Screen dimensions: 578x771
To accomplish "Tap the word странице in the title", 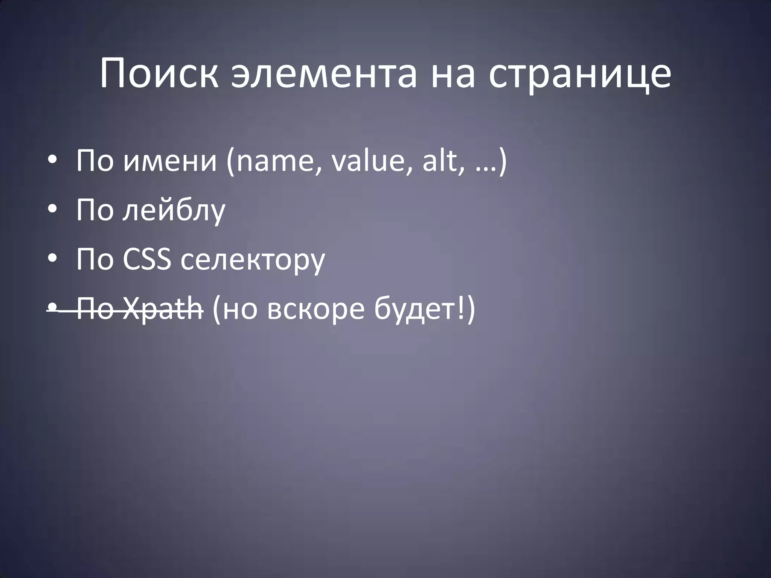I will click(580, 74).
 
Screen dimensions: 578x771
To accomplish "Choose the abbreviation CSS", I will click(146, 259).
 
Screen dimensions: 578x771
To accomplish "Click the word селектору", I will click(252, 260).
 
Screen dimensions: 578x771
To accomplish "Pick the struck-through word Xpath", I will click(163, 309).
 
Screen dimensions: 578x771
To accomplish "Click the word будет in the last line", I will click(414, 309).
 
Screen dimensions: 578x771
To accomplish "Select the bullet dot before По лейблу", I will click(52, 210).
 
